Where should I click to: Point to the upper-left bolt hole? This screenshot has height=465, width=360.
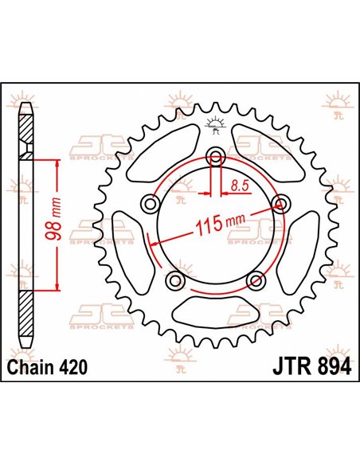pos(148,205)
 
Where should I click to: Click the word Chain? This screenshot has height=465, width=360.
pos(33,367)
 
